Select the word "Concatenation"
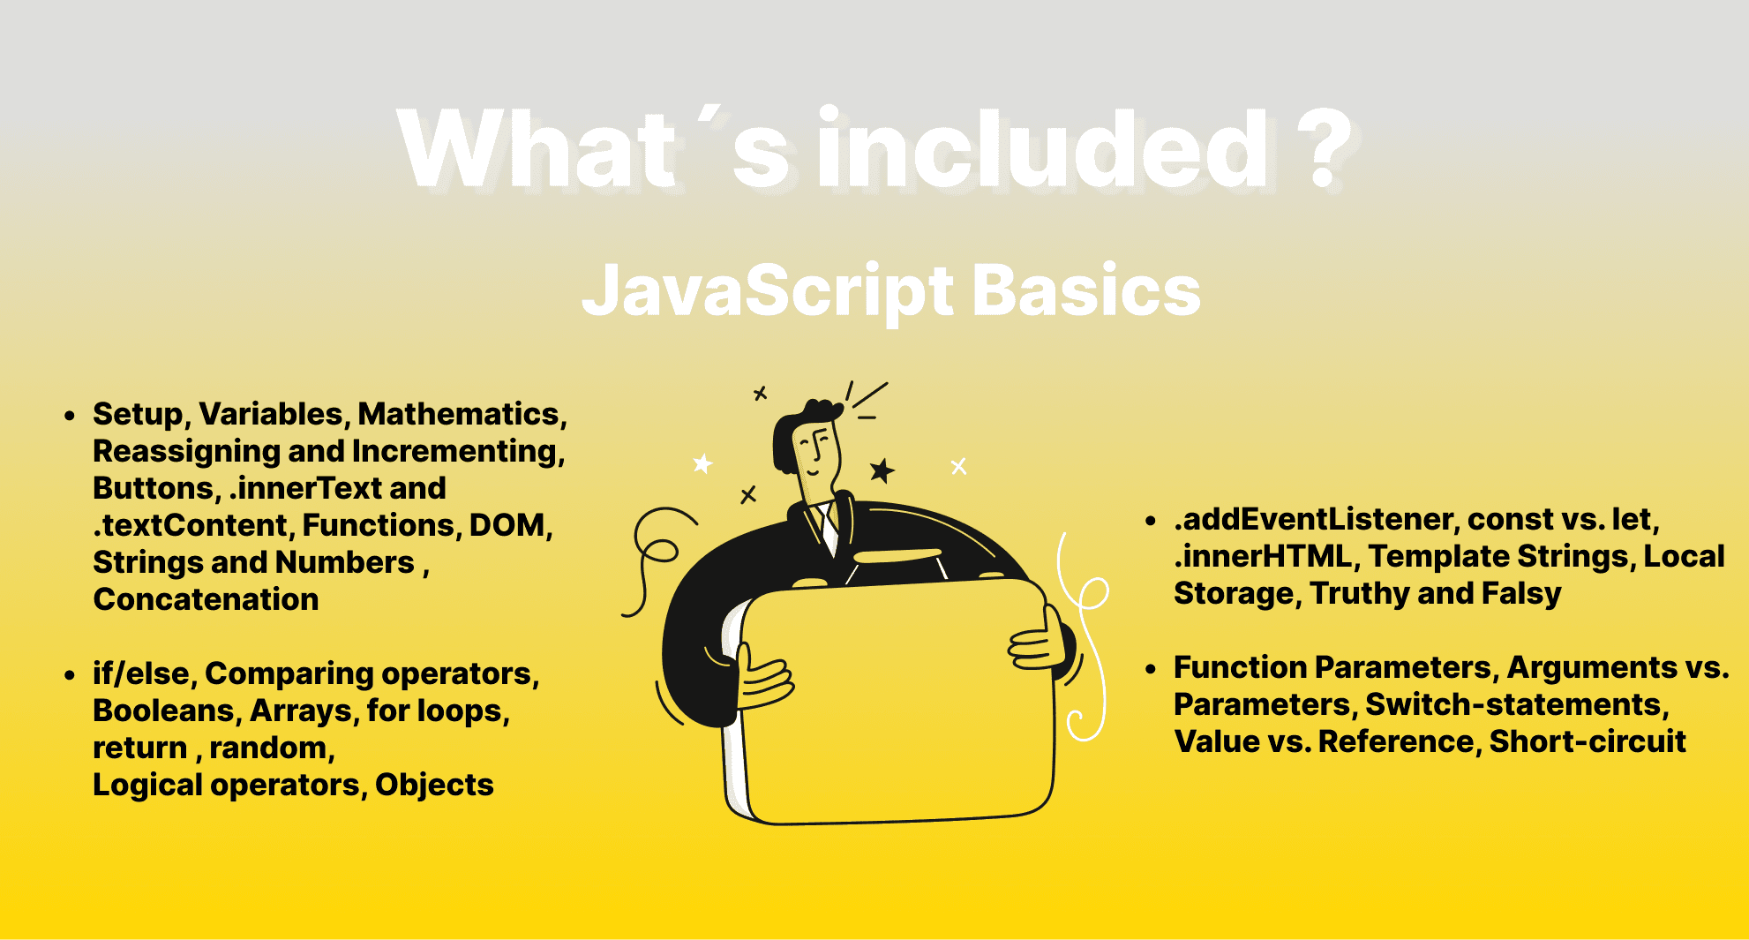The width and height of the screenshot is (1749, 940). (x=206, y=599)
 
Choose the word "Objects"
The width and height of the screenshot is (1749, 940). (x=434, y=785)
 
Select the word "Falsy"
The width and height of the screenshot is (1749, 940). (x=1521, y=594)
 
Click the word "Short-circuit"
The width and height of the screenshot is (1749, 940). (x=1588, y=741)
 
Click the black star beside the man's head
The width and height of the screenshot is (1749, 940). (x=882, y=470)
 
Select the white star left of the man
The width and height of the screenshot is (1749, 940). (x=702, y=463)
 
